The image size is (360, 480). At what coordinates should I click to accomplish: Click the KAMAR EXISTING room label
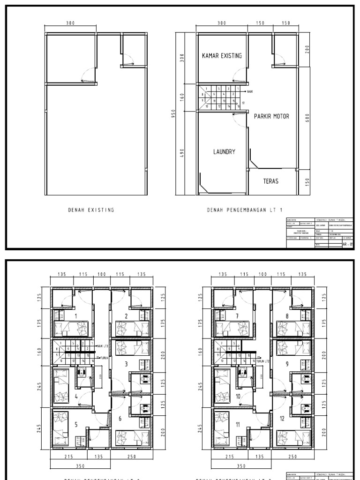222,56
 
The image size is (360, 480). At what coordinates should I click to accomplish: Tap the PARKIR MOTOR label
271,116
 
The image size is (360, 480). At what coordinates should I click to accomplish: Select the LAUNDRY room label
224,151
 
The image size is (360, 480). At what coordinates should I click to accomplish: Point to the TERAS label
270,181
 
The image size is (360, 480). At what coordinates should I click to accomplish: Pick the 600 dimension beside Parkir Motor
307,118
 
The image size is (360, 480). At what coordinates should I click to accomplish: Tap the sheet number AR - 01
348,244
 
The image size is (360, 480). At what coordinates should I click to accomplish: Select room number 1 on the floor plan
76,316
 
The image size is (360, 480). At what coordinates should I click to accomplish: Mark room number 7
237,316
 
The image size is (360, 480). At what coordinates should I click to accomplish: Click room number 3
126,363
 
